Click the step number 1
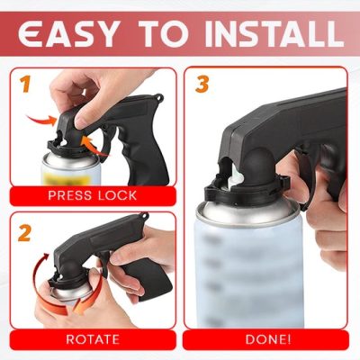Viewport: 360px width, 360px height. (x=26, y=85)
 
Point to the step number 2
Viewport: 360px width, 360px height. (x=26, y=232)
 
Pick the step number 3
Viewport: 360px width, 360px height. (x=202, y=85)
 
